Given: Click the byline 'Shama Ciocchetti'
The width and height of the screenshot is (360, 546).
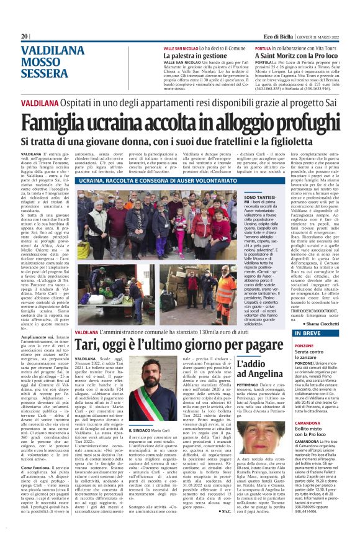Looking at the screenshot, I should tap(320, 324).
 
